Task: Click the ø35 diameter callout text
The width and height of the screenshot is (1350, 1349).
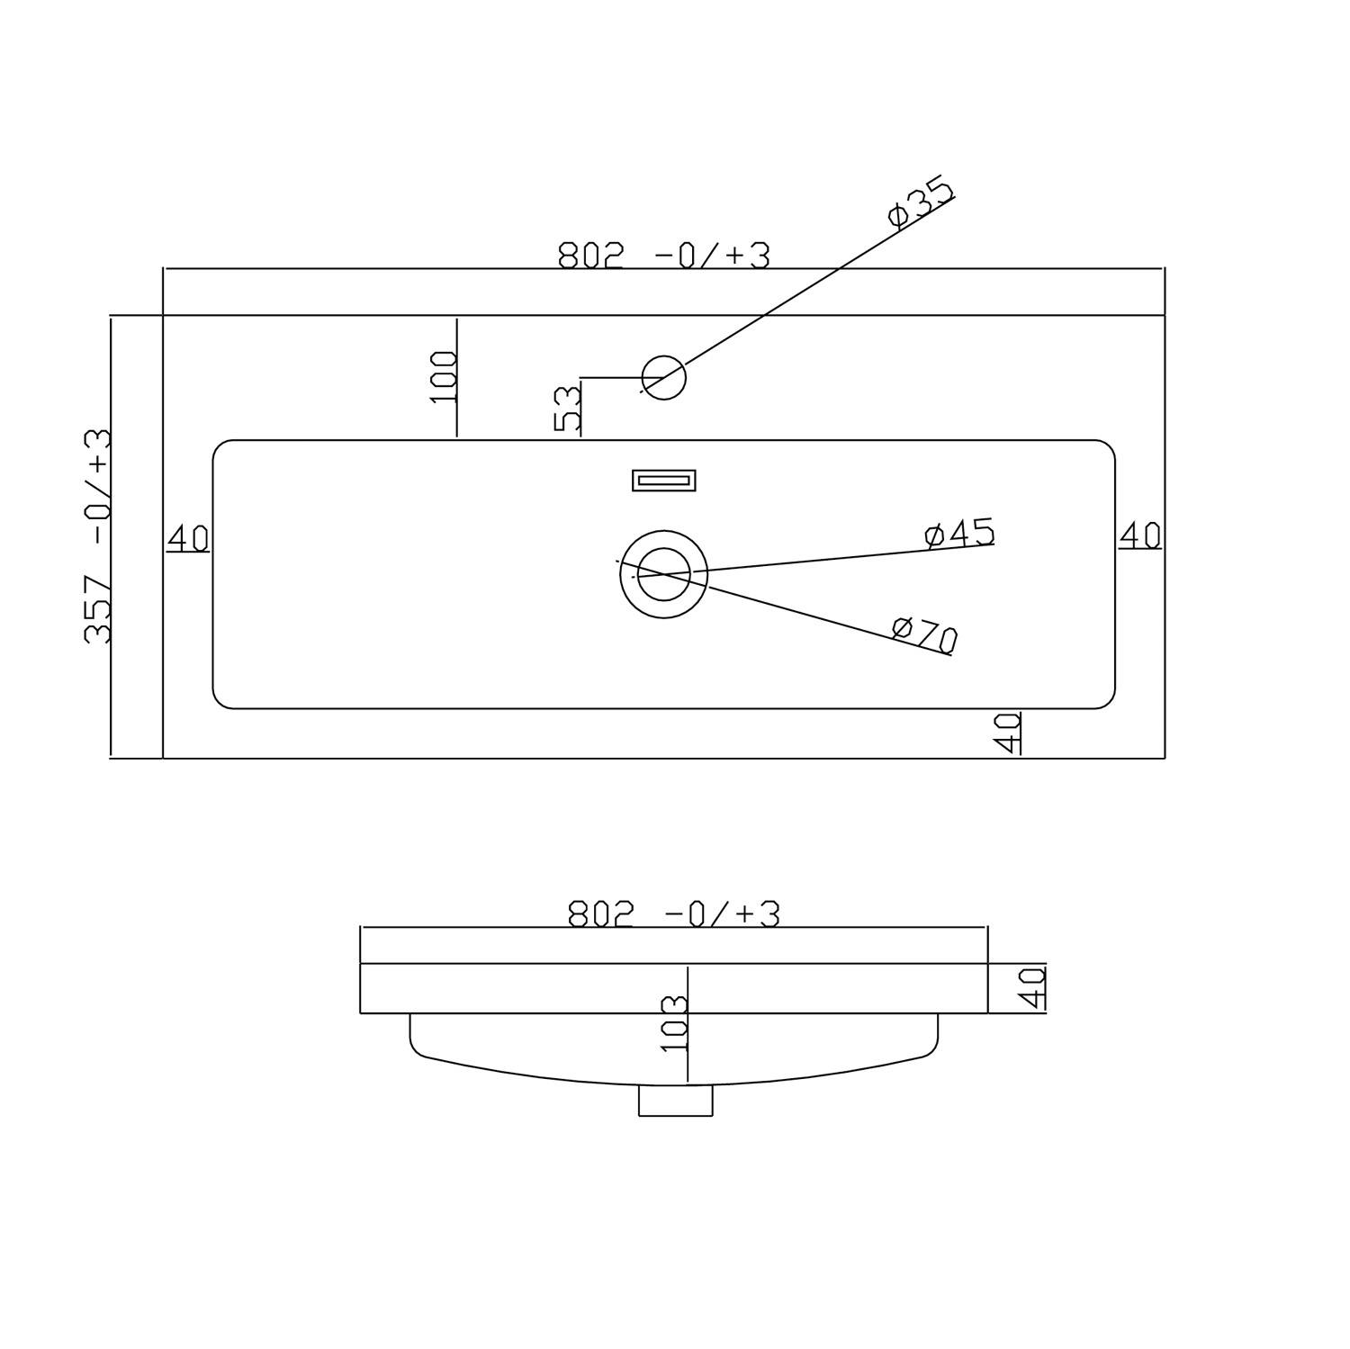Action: (x=919, y=203)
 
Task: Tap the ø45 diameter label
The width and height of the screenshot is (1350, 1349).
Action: (x=959, y=533)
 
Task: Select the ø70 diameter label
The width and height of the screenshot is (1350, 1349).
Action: (x=925, y=634)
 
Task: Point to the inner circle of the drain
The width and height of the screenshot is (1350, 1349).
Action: (x=663, y=548)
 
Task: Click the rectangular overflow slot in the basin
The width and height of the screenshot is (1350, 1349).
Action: (x=664, y=481)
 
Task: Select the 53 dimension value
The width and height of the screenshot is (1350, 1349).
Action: (x=568, y=409)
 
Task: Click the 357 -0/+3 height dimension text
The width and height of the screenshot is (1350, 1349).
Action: (x=98, y=535)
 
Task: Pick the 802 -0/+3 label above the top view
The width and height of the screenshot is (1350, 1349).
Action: (x=664, y=256)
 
